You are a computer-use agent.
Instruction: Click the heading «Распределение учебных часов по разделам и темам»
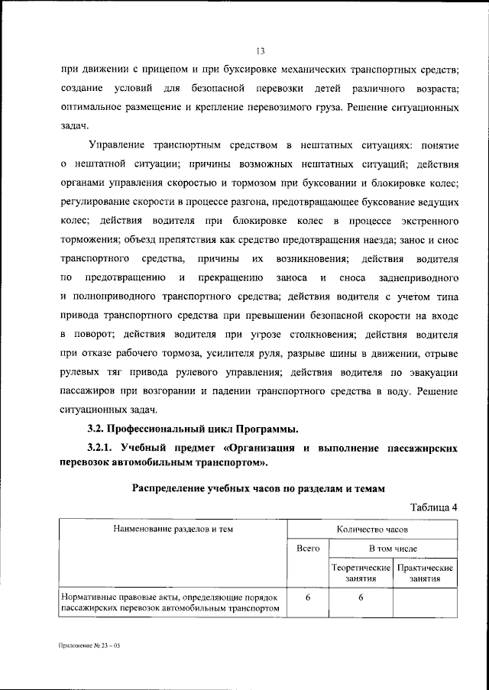[258, 486]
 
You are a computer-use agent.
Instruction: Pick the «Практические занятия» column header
[425, 573]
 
